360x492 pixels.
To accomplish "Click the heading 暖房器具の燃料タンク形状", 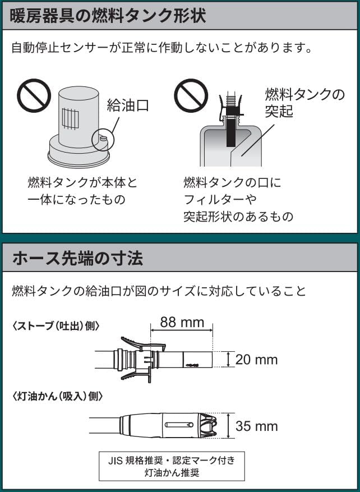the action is point(108,16).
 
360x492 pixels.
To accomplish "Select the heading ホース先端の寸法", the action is point(78,259).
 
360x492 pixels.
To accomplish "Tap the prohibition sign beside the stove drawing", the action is point(34,95).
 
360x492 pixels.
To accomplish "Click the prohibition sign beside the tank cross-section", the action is point(191,95).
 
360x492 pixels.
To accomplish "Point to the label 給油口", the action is point(128,105).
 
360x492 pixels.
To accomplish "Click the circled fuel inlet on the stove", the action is point(103,139).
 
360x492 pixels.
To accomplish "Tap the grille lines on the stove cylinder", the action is point(70,118).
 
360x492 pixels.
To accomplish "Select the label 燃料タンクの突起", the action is point(304,103).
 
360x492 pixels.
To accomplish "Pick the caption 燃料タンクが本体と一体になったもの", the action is point(83,191).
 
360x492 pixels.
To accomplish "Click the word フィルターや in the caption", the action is point(220,199).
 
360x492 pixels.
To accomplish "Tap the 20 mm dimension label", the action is point(256,360).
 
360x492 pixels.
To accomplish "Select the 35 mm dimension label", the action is point(256,426).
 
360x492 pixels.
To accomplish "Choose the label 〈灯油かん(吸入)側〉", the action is point(57,397).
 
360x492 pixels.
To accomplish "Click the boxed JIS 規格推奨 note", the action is point(172,466).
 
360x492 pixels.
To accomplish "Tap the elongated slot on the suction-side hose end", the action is point(179,425).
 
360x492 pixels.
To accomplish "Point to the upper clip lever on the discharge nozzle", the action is point(142,343).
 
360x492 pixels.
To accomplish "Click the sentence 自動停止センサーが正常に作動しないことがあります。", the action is point(162,49).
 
